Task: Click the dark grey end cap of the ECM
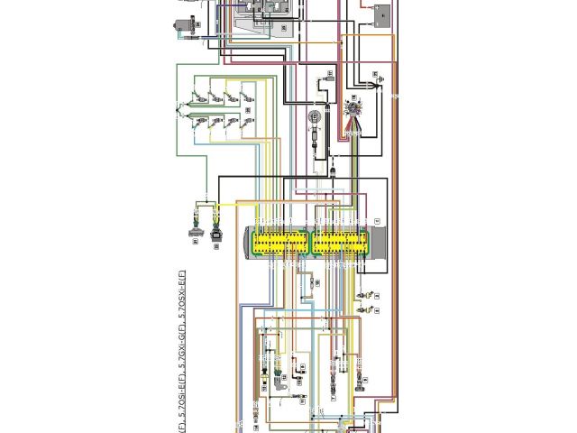point(379,243)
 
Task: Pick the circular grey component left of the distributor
point(315,118)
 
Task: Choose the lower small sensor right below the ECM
point(364,310)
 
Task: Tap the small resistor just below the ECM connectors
point(308,282)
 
